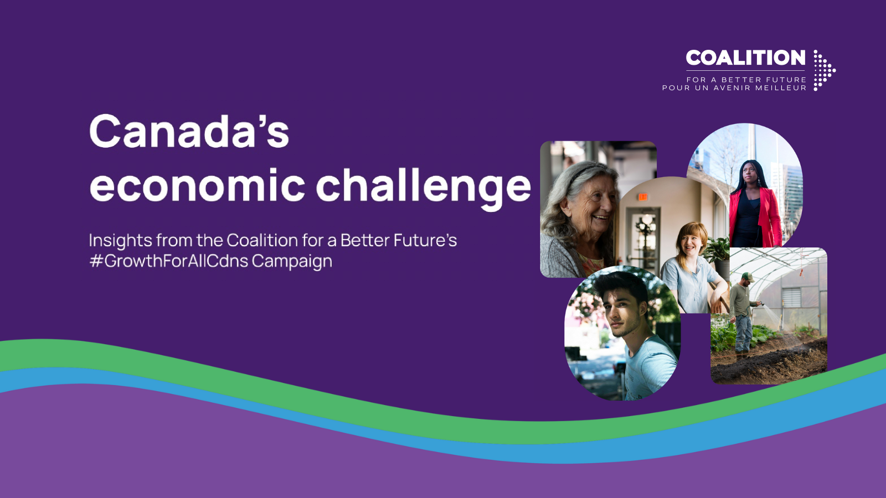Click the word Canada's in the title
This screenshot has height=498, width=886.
pos(189,132)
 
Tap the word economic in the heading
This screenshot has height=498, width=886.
pos(197,185)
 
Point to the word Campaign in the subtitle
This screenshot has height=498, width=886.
pos(292,261)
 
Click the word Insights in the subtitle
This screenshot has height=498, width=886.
pos(120,241)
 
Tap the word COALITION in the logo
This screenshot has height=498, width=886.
pos(745,58)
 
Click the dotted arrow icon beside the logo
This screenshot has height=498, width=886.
pos(823,70)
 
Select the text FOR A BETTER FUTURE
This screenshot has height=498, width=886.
pos(746,80)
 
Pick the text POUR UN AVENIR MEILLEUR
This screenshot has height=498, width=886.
pos(734,88)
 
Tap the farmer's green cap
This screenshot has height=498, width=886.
pos(748,276)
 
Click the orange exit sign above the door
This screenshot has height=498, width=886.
pos(642,197)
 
